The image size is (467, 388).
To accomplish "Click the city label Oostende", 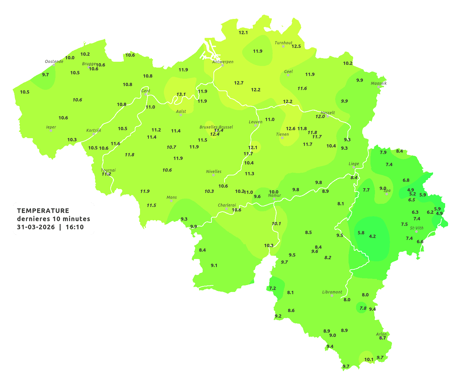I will [54, 61].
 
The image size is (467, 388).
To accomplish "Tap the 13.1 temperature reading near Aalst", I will [181, 94].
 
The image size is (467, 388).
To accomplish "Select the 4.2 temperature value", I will [372, 236].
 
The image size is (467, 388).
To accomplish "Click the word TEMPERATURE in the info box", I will [43, 211].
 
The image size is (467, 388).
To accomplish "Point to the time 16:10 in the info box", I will [75, 227].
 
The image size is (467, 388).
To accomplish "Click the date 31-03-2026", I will [36, 227].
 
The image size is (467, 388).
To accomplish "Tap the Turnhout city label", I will [283, 43].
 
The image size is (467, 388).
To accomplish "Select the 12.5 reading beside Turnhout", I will [296, 46].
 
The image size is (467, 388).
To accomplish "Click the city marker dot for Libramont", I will [332, 296].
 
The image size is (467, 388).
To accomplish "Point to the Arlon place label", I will [381, 334].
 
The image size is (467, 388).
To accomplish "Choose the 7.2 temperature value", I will [272, 288].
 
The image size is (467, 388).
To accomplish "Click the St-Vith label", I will [416, 228].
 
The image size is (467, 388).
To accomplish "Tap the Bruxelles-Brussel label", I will [216, 127].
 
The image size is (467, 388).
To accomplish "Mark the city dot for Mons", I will [171, 201].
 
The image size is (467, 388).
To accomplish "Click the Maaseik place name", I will [379, 83].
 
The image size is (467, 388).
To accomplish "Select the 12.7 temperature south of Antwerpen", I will [239, 83].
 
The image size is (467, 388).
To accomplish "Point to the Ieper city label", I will [51, 127].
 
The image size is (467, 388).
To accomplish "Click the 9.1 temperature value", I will [214, 265].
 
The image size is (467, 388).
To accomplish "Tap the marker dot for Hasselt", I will [328, 116].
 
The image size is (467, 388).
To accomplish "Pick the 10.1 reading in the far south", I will [369, 360].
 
